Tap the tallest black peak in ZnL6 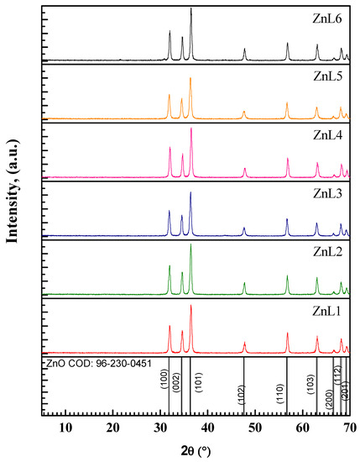click(x=191, y=10)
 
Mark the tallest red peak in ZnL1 click(x=191, y=307)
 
